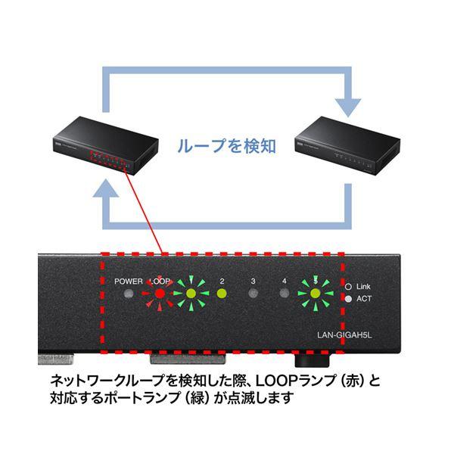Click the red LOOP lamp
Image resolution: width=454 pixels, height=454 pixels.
point(160,294)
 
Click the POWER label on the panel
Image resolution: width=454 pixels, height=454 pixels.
point(129,281)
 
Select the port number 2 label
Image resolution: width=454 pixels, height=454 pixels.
point(222,281)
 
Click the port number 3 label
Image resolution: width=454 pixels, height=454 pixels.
point(253,281)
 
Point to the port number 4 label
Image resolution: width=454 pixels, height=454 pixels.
point(285,281)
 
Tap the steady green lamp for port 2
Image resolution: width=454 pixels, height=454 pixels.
point(222,294)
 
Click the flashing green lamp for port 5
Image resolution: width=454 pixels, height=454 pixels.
point(316,294)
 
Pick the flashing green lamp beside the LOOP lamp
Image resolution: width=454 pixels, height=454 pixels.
point(191,294)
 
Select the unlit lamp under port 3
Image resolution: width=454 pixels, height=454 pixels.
point(253,294)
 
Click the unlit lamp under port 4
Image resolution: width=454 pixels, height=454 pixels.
point(285,294)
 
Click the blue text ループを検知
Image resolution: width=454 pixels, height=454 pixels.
point(225,144)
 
